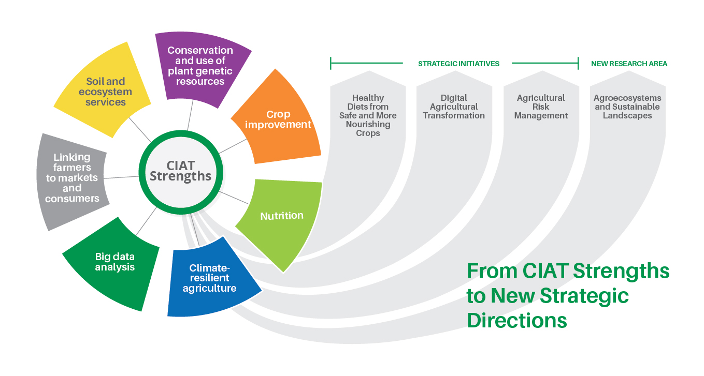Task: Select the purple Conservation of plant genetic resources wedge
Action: click(201, 67)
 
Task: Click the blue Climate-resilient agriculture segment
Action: click(210, 279)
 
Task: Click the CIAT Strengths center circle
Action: click(181, 172)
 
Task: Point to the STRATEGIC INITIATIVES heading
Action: click(458, 64)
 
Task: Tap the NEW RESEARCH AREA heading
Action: click(629, 64)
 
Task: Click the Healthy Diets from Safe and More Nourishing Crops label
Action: click(368, 115)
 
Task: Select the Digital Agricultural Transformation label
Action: click(454, 107)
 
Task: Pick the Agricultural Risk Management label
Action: click(541, 107)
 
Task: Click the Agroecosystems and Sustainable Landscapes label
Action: click(627, 107)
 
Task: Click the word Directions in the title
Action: click(517, 321)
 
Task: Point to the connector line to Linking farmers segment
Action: click(121, 177)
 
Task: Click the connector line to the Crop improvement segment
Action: click(233, 146)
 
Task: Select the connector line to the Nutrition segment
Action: click(234, 198)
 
